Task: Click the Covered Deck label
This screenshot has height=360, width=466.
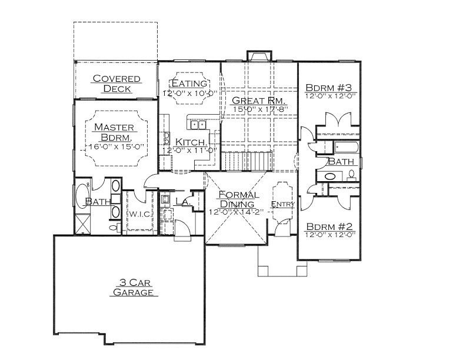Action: (x=116, y=84)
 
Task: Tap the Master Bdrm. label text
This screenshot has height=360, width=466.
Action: (x=114, y=132)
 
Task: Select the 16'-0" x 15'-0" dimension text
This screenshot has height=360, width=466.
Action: (x=116, y=146)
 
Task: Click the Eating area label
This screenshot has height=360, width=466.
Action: (x=189, y=83)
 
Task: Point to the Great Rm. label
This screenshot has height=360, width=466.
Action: (x=258, y=101)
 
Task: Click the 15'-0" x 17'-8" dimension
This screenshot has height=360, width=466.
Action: (x=260, y=109)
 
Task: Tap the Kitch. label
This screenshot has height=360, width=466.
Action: (x=190, y=142)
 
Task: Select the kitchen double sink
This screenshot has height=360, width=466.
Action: (x=198, y=125)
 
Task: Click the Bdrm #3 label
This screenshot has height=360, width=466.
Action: (x=329, y=88)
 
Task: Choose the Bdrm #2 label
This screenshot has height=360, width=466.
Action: (x=329, y=226)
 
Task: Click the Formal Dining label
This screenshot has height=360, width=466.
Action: (x=238, y=199)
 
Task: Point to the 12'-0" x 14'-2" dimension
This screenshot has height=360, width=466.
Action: (x=237, y=212)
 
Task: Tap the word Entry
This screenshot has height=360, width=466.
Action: (x=282, y=204)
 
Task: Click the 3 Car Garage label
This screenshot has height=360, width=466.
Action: (x=134, y=287)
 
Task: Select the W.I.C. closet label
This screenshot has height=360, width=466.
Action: (x=141, y=214)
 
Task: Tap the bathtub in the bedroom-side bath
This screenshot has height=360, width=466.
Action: (x=347, y=147)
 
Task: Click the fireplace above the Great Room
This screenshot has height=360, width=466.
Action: (x=259, y=56)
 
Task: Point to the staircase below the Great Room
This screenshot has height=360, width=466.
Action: (x=247, y=161)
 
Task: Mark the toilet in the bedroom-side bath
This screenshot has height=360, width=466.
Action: (x=352, y=175)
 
